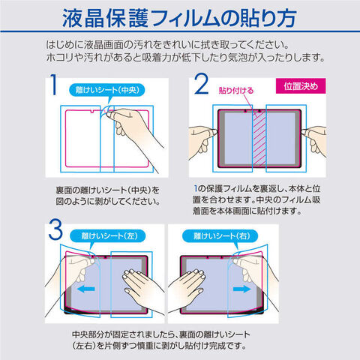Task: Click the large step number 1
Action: (53, 85)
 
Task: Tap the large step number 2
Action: (201, 84)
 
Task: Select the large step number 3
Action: (55, 229)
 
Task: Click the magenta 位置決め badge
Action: (301, 86)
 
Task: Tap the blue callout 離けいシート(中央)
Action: (107, 90)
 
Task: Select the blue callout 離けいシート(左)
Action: (107, 236)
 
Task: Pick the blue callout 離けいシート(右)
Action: (220, 236)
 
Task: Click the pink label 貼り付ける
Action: (236, 91)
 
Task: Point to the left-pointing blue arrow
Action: (86, 289)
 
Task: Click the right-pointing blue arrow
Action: (241, 289)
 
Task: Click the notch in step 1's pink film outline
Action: (92, 112)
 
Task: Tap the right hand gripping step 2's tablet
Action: (314, 140)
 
